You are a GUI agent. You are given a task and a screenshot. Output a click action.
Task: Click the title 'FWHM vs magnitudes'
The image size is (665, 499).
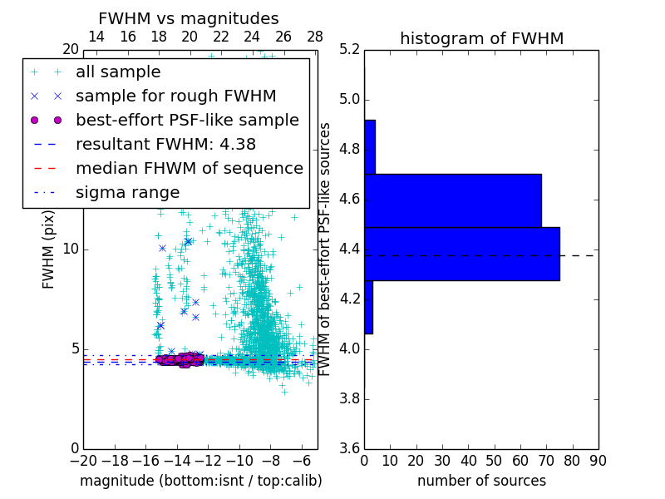189,18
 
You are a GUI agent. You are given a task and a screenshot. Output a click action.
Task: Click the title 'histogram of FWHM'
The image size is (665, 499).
481,38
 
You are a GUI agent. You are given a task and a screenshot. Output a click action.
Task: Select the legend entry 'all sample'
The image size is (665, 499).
118,72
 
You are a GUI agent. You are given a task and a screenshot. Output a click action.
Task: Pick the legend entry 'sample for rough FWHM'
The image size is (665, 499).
175,96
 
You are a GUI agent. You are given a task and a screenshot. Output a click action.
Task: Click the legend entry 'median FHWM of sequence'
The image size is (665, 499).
189,168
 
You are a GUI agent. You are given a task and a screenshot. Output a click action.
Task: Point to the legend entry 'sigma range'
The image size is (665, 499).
127,192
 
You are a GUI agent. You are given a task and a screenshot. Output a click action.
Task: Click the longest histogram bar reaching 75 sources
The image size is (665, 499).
461,254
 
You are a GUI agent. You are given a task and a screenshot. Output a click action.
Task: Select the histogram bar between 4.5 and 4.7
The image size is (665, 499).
453,200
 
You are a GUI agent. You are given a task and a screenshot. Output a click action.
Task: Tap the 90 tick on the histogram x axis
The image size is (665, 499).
597,460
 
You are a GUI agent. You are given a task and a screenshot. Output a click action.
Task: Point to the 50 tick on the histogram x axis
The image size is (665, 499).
494,460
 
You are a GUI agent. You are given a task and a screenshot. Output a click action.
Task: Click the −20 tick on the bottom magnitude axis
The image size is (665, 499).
83,460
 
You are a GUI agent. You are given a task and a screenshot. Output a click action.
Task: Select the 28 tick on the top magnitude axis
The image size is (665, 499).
315,37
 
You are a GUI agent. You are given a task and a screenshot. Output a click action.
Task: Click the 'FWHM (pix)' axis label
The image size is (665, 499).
49,250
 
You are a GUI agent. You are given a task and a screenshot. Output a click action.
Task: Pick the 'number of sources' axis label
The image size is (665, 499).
481,481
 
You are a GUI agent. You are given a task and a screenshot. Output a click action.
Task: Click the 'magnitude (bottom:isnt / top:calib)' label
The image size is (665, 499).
200,481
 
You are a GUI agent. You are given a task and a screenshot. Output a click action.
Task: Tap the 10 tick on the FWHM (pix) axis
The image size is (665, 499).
71,249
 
